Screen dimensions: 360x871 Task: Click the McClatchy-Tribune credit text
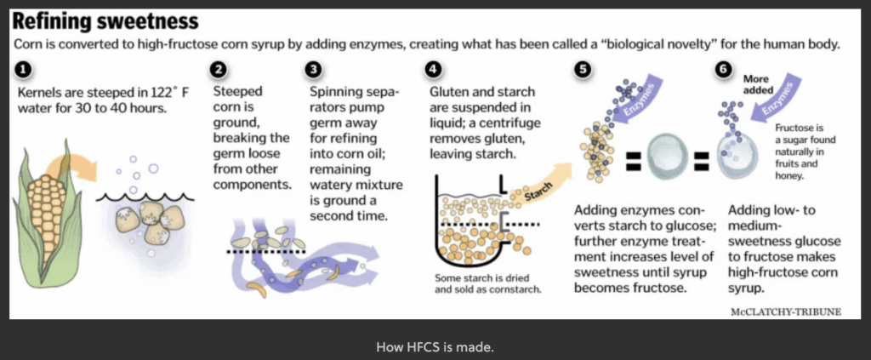tap(785, 311)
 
